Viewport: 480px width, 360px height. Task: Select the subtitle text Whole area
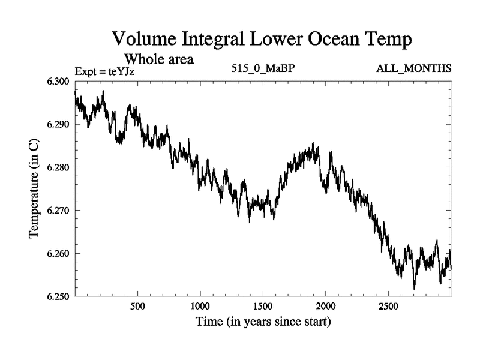(x=158, y=60)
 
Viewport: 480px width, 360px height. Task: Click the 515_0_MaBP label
(x=263, y=68)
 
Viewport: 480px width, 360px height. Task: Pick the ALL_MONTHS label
(x=413, y=68)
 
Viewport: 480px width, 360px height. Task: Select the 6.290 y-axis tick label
(x=58, y=124)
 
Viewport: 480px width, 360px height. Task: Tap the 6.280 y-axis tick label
(x=58, y=167)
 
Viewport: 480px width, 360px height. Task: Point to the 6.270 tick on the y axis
(x=58, y=211)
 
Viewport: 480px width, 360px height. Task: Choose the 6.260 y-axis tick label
(x=58, y=254)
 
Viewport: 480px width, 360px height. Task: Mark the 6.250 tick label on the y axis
(x=58, y=296)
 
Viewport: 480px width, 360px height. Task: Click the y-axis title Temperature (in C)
(x=35, y=188)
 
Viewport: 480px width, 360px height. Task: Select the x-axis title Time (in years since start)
(x=263, y=322)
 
